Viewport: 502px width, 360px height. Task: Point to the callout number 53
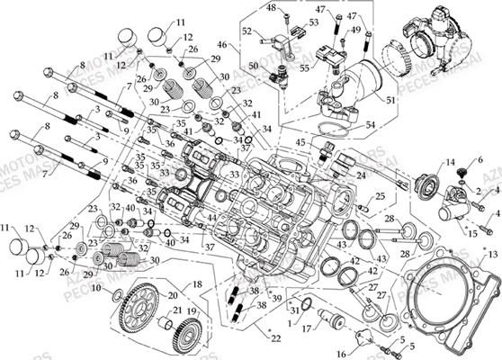pyautogui.click(x=314, y=22)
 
